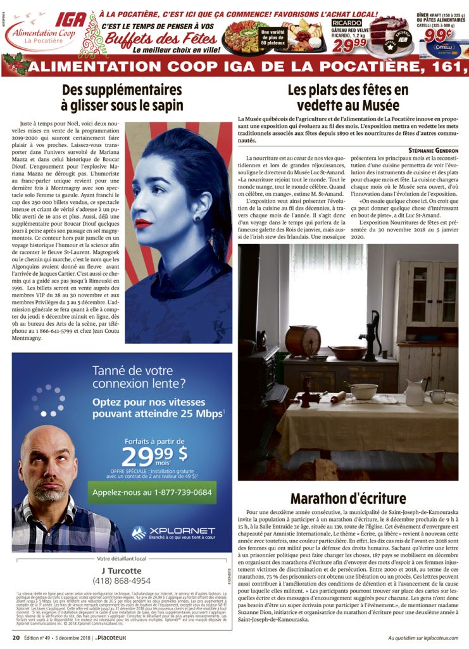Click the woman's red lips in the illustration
pyautogui.click(x=143, y=223)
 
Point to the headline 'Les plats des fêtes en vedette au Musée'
pyautogui.click(x=348, y=98)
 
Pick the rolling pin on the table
pyautogui.click(x=337, y=397)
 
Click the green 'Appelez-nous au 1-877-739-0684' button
pyautogui.click(x=152, y=492)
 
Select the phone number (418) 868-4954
pyautogui.click(x=122, y=581)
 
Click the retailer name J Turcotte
pyautogui.click(x=122, y=570)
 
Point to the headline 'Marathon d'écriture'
pyautogui.click(x=348, y=498)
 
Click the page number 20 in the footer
pyautogui.click(x=16, y=637)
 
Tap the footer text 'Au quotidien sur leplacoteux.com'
pyautogui.click(x=423, y=637)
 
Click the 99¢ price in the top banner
pyautogui.click(x=439, y=35)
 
